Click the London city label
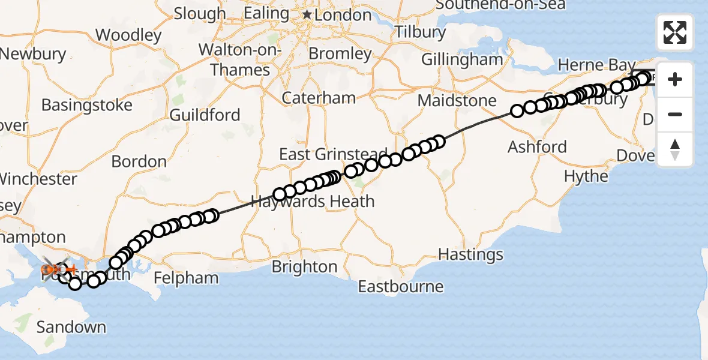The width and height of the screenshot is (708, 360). (343, 15)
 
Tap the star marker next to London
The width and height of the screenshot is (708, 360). (307, 14)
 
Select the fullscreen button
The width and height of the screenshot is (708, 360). (675, 32)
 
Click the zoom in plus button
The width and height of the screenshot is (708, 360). (675, 79)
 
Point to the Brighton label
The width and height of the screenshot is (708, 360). (304, 267)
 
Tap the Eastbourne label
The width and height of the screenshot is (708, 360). (400, 287)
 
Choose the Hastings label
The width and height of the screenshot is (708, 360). (470, 254)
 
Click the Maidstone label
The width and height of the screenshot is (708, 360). (457, 100)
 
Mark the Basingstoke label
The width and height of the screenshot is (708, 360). (86, 106)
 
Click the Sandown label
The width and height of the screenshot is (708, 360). (71, 328)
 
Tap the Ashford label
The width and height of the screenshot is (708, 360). (537, 147)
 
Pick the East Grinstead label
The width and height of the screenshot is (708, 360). (333, 155)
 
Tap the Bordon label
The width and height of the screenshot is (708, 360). (139, 161)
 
